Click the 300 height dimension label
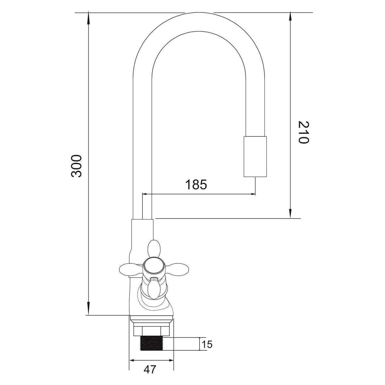click(76, 166)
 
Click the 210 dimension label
click(304, 132)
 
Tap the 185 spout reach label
click(196, 184)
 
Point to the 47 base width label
click(150, 375)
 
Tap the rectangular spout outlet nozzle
click(255, 157)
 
